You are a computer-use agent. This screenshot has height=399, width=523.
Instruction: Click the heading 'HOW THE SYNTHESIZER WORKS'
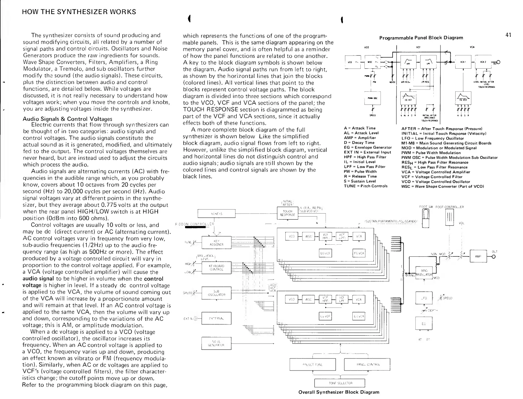79,12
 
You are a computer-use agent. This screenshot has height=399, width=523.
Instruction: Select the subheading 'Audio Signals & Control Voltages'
67,119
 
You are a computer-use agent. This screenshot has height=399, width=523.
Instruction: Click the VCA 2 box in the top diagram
483,62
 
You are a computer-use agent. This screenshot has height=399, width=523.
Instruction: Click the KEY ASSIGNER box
216,243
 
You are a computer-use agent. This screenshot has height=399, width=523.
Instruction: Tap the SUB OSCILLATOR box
217,294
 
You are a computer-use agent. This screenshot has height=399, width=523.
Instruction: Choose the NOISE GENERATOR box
217,343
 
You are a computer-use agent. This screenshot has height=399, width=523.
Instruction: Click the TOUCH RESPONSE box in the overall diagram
287,213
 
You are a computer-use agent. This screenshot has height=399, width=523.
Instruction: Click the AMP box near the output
478,257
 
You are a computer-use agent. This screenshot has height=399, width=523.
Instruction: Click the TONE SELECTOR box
339,383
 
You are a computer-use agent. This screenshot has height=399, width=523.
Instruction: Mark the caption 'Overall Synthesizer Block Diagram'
339,392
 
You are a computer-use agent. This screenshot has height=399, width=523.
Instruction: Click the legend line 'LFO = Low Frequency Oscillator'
432,138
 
